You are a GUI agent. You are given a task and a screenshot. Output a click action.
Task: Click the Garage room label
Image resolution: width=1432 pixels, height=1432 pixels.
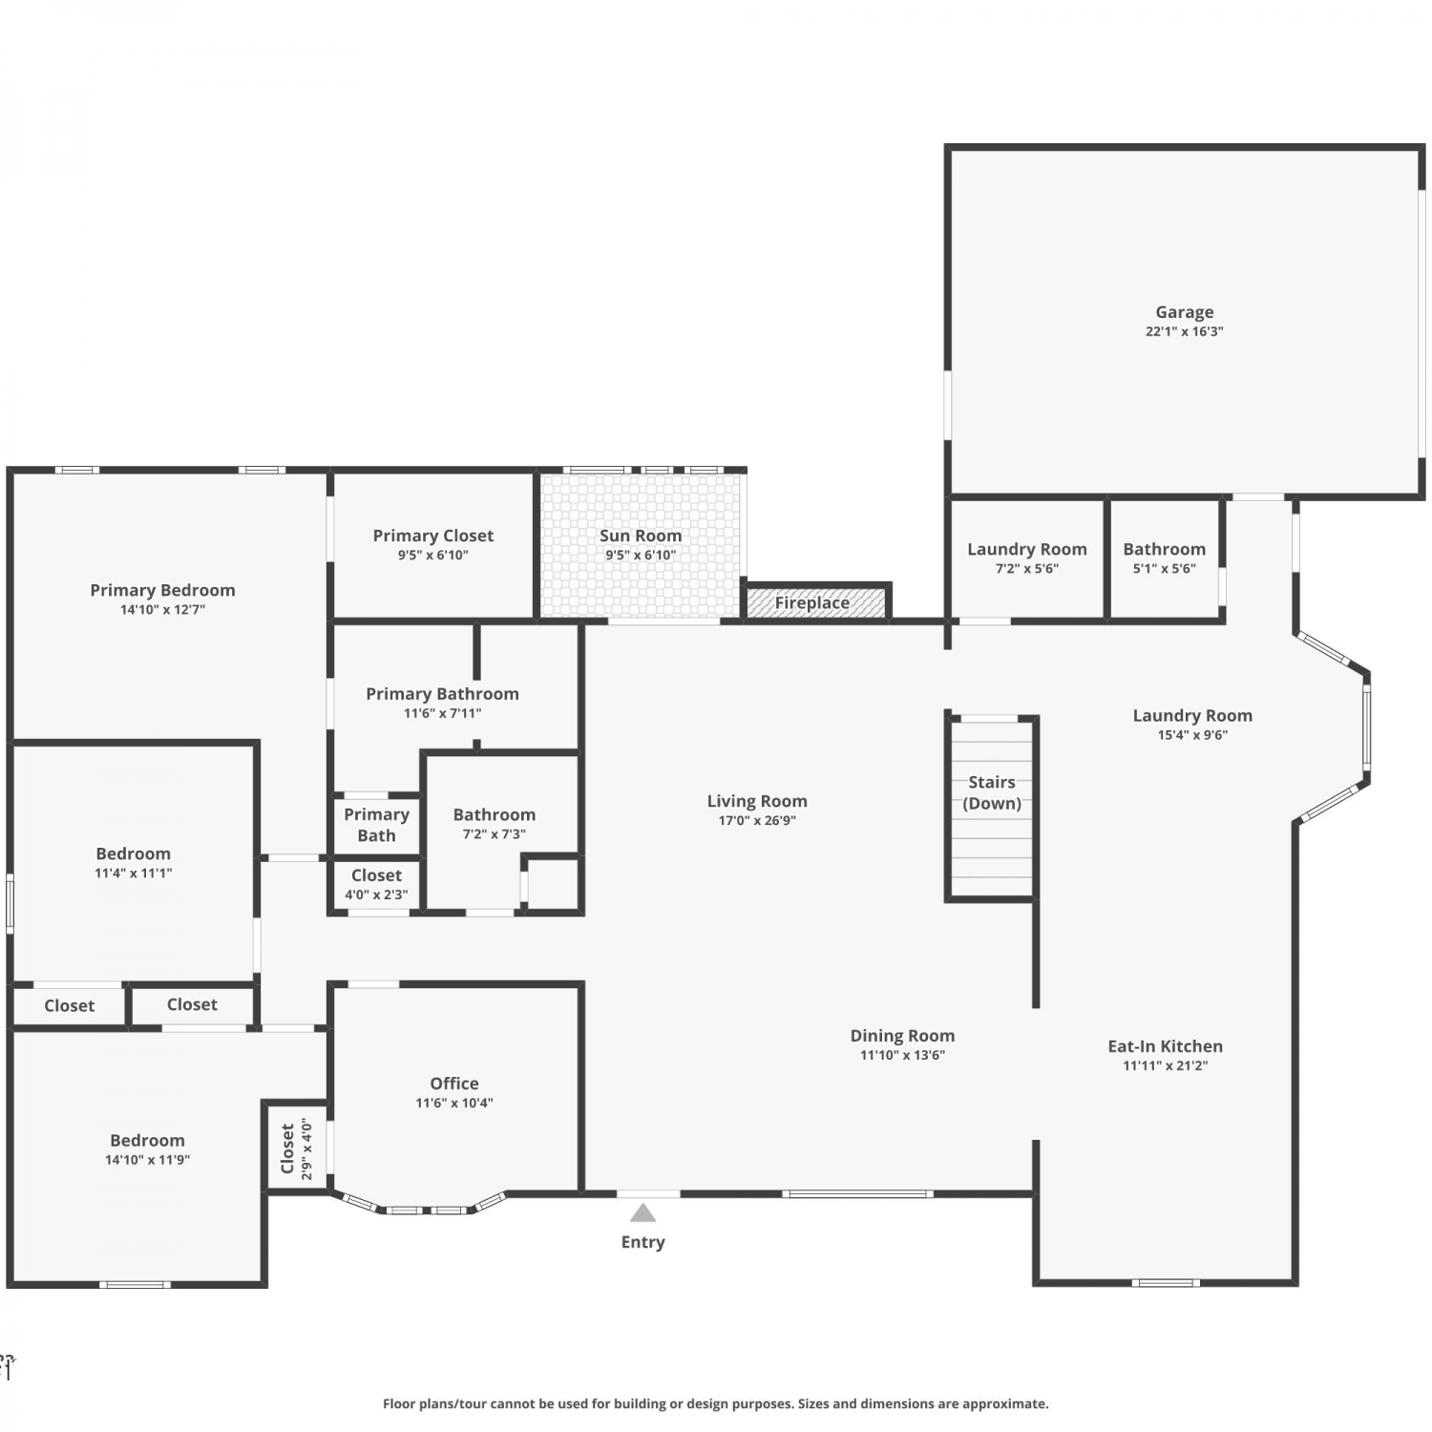click(1185, 312)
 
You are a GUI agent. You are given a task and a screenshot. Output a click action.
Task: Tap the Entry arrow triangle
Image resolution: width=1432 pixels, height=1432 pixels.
click(643, 1213)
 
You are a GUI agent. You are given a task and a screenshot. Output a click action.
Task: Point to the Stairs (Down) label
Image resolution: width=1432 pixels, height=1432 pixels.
click(992, 792)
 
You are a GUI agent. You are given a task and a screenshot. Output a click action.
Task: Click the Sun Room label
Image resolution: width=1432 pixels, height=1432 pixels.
click(641, 536)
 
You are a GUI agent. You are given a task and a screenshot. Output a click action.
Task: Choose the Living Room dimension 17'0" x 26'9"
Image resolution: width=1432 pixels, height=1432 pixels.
click(757, 820)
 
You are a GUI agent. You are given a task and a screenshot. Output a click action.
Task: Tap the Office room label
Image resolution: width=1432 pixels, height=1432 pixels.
click(454, 1084)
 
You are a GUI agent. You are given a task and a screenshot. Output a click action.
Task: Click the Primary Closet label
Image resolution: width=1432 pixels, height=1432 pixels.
click(433, 536)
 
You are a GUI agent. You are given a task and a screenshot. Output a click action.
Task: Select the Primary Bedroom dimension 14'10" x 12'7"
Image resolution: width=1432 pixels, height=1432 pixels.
click(162, 609)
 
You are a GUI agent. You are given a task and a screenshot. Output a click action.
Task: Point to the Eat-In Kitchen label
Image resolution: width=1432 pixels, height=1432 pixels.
click(1165, 1046)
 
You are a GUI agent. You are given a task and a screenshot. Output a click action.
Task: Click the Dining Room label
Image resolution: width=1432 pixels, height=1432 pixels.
click(902, 1036)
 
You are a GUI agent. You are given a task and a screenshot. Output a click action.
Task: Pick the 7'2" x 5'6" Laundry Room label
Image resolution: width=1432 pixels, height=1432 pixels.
click(1027, 549)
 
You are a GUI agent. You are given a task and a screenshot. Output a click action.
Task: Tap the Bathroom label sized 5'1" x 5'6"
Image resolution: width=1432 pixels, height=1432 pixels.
click(1164, 549)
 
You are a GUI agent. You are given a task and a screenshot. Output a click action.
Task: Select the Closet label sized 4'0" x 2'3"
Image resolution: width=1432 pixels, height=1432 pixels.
click(376, 875)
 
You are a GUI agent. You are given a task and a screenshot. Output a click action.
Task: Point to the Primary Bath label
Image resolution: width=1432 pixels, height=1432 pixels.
click(376, 825)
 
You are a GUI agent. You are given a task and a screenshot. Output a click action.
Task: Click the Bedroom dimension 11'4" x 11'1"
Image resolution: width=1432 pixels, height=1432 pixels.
click(133, 873)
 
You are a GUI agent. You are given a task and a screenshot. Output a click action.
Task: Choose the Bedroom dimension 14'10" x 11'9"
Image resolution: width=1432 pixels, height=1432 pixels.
click(147, 1160)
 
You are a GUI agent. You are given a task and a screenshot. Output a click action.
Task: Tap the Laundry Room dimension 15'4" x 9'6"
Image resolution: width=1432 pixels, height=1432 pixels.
click(1192, 735)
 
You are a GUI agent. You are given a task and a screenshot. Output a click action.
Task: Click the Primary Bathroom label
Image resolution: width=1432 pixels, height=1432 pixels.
click(442, 694)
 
